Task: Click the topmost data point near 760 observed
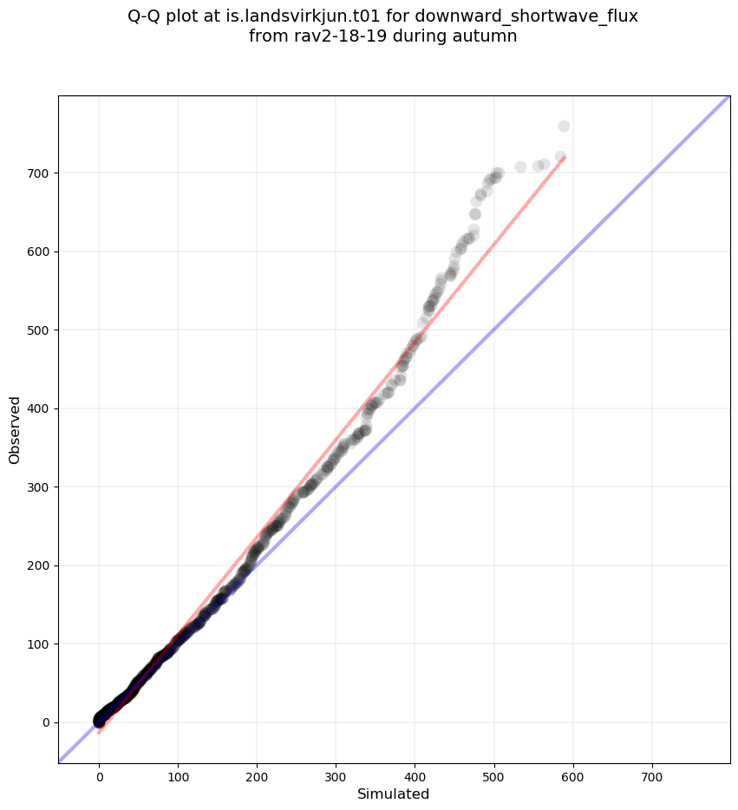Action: click(564, 127)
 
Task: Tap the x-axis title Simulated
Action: click(394, 794)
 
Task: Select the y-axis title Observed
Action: click(15, 429)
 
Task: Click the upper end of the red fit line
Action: click(565, 157)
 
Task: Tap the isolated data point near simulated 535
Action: click(520, 167)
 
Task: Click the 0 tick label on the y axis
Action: click(43, 722)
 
